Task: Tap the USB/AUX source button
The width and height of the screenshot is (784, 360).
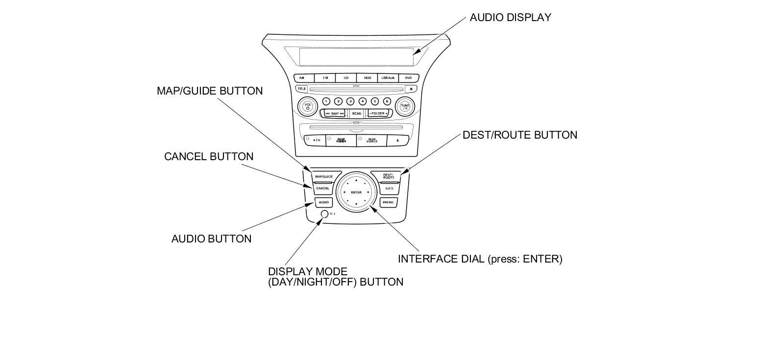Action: click(388, 78)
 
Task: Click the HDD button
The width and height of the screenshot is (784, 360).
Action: click(367, 78)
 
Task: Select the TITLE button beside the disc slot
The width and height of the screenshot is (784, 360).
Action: click(301, 89)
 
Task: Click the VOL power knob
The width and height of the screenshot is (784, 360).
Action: click(308, 106)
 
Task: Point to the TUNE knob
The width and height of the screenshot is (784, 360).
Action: click(405, 106)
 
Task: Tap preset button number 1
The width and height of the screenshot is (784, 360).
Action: click(326, 101)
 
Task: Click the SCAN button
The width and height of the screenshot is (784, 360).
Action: click(356, 114)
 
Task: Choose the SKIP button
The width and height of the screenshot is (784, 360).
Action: click(335, 114)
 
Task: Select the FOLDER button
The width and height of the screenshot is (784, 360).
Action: click(378, 114)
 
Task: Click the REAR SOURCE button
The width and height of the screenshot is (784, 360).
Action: click(372, 141)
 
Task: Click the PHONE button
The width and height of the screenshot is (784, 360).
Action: click(388, 202)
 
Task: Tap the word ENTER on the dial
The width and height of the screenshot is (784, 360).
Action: click(356, 192)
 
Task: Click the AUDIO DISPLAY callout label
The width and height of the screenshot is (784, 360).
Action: click(510, 18)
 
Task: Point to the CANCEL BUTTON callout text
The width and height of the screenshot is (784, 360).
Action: click(209, 157)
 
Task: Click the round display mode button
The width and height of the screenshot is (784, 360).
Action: click(324, 214)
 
